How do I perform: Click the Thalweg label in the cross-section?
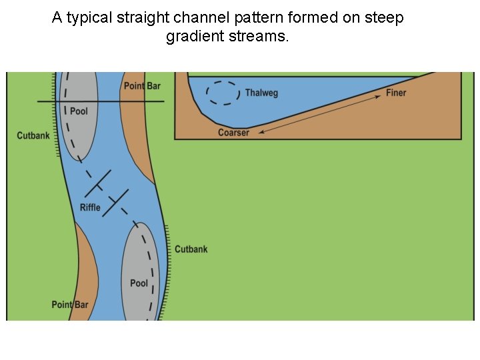click(261, 93)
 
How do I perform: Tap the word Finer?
click(396, 93)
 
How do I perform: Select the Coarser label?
click(233, 133)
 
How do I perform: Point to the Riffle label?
click(90, 207)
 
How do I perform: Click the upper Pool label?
click(79, 111)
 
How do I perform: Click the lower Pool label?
click(139, 283)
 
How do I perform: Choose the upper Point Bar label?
click(142, 86)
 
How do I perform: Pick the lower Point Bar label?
click(70, 305)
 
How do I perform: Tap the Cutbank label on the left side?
click(33, 136)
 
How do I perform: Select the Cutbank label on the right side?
click(191, 249)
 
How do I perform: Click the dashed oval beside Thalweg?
click(223, 93)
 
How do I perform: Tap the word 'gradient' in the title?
click(194, 37)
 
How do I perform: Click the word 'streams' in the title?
click(259, 37)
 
